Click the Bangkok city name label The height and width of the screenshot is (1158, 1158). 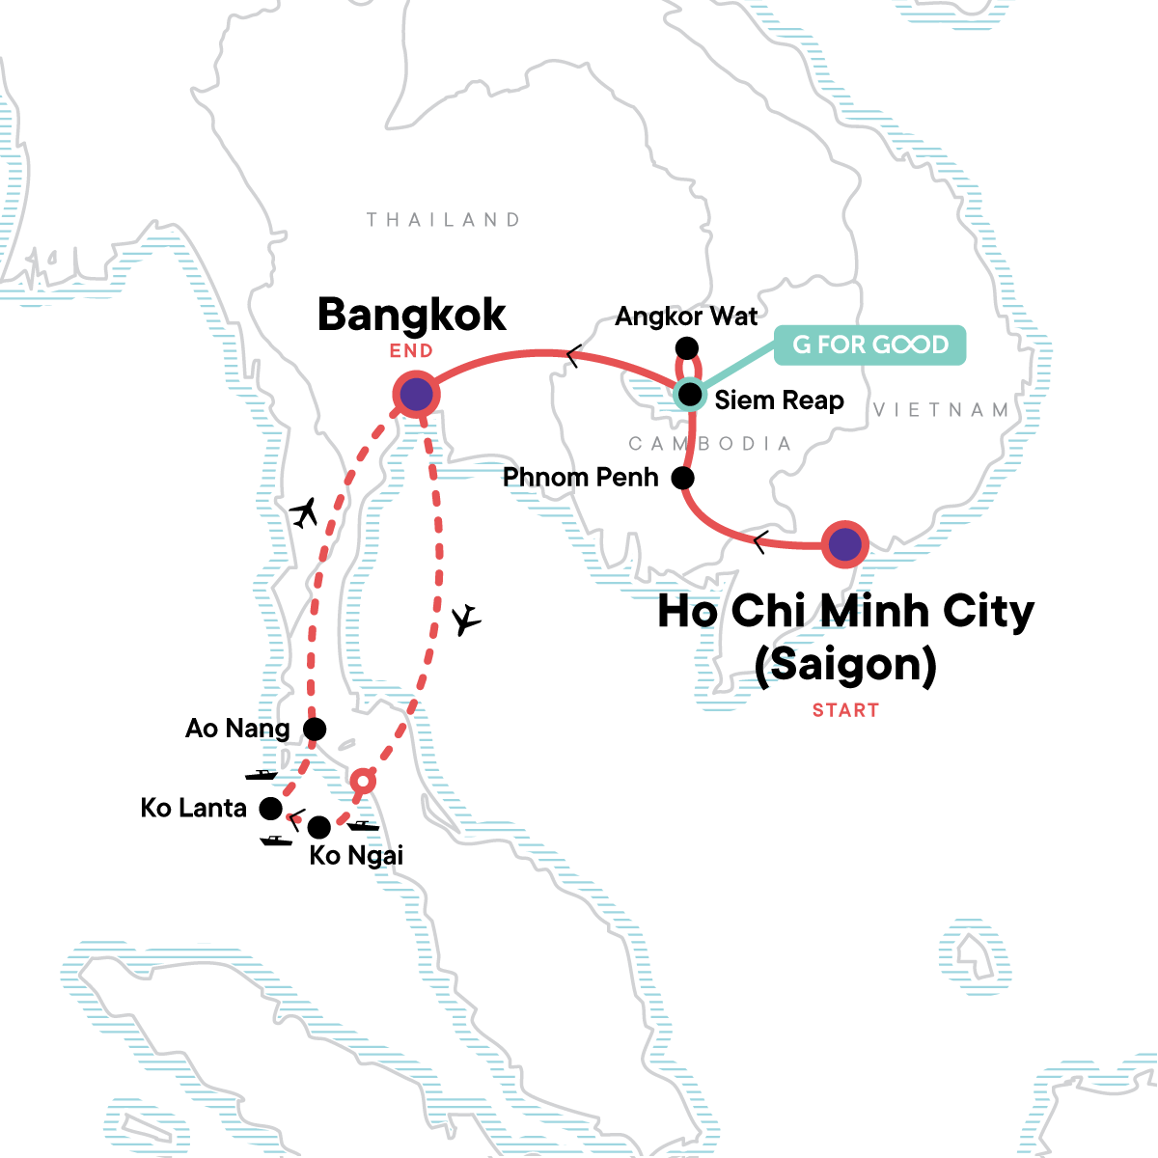412,315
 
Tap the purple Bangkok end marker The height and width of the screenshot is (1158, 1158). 416,394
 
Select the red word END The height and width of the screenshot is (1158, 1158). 411,351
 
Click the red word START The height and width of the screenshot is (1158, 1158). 845,710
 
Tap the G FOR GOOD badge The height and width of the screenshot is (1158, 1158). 870,345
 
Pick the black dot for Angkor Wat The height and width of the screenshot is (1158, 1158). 686,347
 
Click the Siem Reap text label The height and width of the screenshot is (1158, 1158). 779,400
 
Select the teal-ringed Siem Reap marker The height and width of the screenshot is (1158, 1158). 690,395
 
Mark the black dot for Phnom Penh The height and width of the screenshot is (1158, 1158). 682,478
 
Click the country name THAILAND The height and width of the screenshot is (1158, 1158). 443,220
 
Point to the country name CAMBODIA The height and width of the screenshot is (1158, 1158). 709,444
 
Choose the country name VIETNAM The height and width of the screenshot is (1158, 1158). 941,410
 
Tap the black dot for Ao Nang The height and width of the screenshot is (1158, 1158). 314,729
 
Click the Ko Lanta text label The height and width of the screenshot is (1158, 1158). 194,808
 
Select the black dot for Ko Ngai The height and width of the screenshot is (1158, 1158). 318,827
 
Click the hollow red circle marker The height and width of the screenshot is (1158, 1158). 362,780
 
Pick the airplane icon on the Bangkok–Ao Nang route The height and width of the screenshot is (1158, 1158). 305,512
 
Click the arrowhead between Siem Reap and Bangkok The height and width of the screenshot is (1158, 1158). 573,357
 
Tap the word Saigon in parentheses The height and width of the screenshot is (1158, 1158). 845,665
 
